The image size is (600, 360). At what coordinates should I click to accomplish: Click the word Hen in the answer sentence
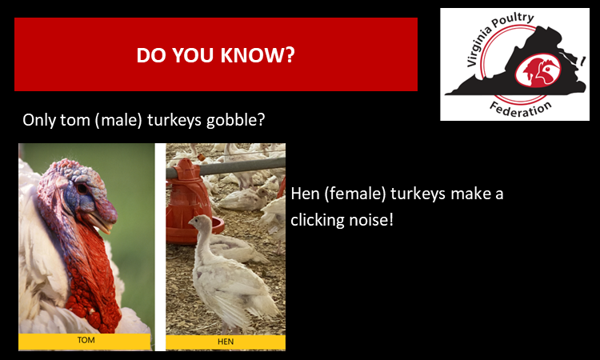pyautogui.click(x=307, y=194)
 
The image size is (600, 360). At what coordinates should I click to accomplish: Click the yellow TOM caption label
pyautogui.click(x=86, y=341)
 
